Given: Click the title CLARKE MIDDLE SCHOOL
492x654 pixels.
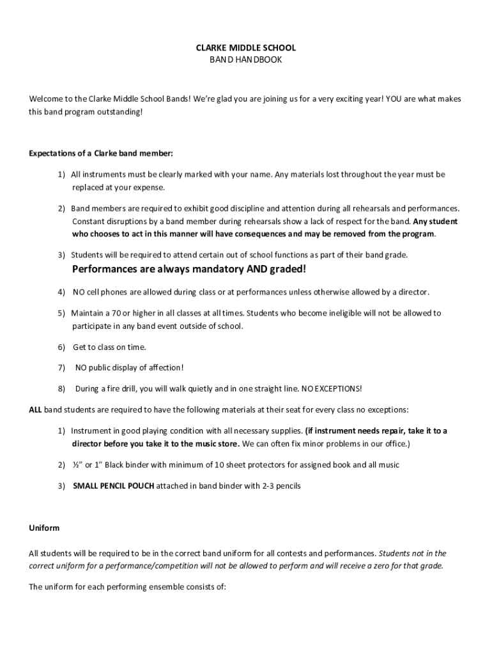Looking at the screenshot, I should pyautogui.click(x=245, y=48).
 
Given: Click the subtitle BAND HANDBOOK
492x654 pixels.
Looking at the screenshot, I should pyautogui.click(x=245, y=59).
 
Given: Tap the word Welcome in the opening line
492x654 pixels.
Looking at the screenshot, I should pyautogui.click(x=46, y=99).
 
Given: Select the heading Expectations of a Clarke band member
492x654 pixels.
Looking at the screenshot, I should pyautogui.click(x=101, y=153).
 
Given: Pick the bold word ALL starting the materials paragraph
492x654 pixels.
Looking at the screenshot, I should pyautogui.click(x=36, y=409).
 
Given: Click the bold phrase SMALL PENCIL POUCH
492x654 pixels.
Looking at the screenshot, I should pyautogui.click(x=113, y=486).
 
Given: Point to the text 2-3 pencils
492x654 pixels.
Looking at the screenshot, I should pyautogui.click(x=281, y=486).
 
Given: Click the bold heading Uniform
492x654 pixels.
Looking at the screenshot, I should pyautogui.click(x=44, y=528).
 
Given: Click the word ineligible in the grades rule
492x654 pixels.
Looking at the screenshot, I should pyautogui.click(x=330, y=313).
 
